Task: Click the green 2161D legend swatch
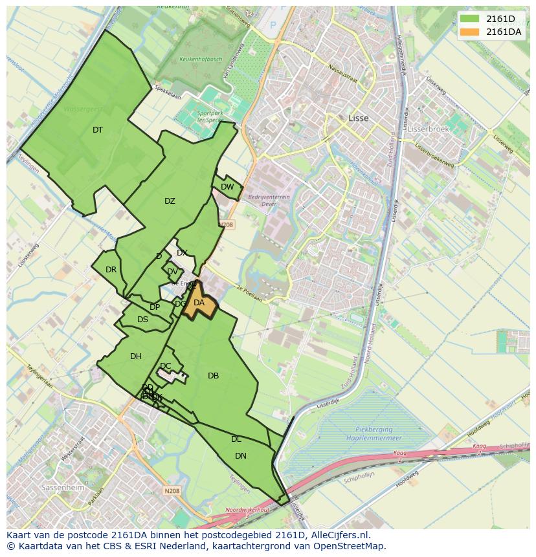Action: pos(469,18)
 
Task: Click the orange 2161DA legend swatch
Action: pos(469,32)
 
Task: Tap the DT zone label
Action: pos(98,130)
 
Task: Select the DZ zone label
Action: pos(170,201)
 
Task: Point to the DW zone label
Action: pos(227,187)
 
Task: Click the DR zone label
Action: pos(111,270)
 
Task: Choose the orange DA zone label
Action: pos(199,303)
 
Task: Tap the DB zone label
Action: pos(213,376)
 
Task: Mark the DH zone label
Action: pos(136,356)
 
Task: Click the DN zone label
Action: pos(241,456)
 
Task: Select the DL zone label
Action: pos(236,439)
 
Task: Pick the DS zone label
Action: pos(142,320)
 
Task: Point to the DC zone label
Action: pos(166,366)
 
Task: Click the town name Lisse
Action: pos(358,118)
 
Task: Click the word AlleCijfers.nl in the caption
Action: pos(339,535)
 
